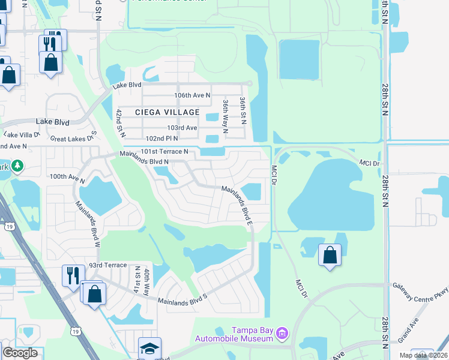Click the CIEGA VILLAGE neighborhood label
click(x=167, y=112)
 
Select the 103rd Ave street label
click(x=182, y=128)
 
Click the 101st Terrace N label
click(x=164, y=151)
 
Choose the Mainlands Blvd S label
click(x=182, y=299)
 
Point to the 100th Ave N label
click(x=66, y=177)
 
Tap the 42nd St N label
click(x=119, y=121)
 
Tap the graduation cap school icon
click(x=149, y=348)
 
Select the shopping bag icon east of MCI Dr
click(x=330, y=254)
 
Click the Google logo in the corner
click(x=20, y=353)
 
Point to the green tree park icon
click(x=18, y=165)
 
